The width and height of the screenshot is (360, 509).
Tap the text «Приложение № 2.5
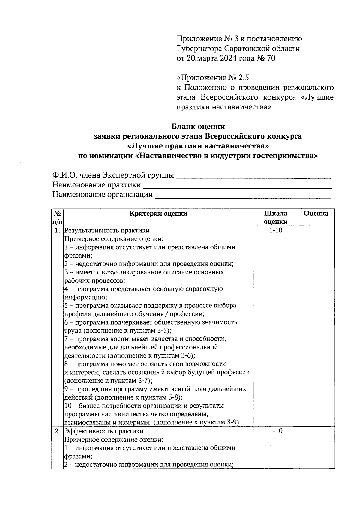(x=213, y=78)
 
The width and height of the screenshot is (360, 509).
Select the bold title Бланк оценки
(x=198, y=126)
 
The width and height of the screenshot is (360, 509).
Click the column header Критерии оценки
(x=158, y=214)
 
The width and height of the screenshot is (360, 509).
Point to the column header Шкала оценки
(x=275, y=217)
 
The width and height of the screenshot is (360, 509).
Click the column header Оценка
(x=316, y=214)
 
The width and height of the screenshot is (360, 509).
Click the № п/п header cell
(x=57, y=217)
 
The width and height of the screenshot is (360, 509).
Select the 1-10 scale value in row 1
(x=275, y=230)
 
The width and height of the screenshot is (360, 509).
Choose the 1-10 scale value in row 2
(x=275, y=431)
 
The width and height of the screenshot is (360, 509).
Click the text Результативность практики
(x=107, y=231)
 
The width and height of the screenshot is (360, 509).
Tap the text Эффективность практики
(x=104, y=431)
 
